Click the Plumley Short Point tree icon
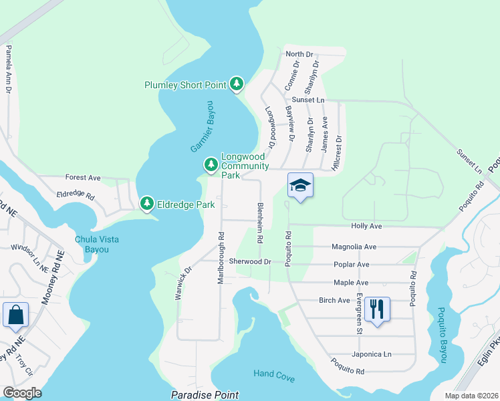(236, 84)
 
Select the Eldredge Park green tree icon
(146, 203)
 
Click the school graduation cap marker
(300, 186)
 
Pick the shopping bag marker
(15, 315)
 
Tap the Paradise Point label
(205, 396)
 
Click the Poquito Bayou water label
(442, 335)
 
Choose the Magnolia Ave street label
(354, 246)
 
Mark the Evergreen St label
(359, 312)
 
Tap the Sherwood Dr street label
(249, 262)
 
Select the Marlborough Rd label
(220, 258)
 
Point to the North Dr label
(299, 54)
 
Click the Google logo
(21, 393)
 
